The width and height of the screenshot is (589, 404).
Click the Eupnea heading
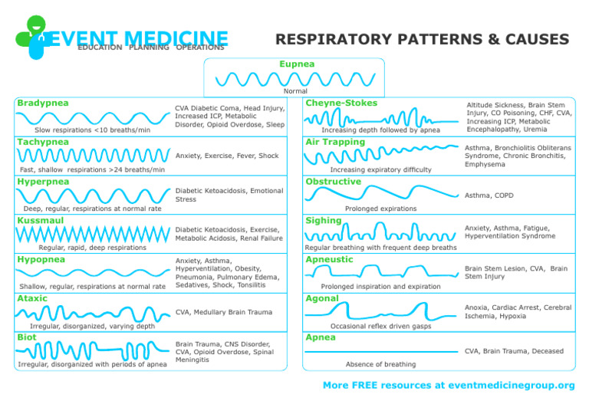[296, 64]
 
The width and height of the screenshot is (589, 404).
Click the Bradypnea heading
[43, 103]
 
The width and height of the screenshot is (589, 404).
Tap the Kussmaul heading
[41, 220]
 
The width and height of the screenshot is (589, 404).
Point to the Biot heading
[28, 337]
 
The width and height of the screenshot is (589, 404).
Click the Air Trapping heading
[335, 142]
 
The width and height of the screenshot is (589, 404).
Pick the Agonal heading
[322, 297]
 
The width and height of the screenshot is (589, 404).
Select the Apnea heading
[321, 337]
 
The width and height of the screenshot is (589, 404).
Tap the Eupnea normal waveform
[296, 79]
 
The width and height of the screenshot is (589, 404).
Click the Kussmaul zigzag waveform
[93, 233]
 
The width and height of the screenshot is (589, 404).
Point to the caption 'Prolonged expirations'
[380, 209]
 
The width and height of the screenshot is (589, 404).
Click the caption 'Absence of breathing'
[380, 364]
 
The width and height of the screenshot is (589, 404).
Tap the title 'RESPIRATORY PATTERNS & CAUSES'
[422, 39]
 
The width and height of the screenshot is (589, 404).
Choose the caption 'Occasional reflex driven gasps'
[380, 326]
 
